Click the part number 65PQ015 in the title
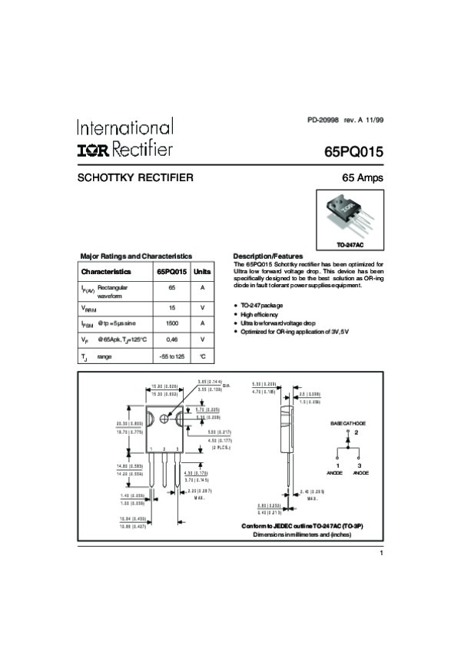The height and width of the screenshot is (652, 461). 353,150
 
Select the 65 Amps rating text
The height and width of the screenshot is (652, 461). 362,177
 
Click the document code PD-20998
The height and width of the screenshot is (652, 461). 323,121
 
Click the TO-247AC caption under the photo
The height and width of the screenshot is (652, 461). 350,244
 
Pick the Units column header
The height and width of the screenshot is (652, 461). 202,272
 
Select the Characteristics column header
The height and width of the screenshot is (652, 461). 106,272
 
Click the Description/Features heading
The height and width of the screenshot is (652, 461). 267,256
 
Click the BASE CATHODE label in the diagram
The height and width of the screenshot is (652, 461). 348,423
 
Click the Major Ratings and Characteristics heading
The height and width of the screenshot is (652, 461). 136,256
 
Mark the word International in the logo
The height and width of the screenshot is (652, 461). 124,127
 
